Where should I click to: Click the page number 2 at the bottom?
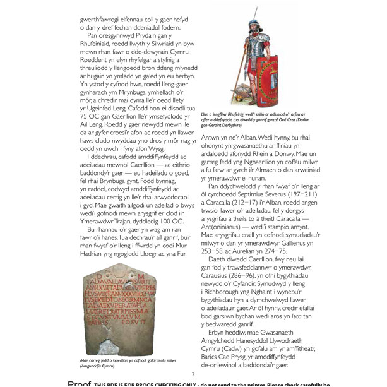click(193, 373)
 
